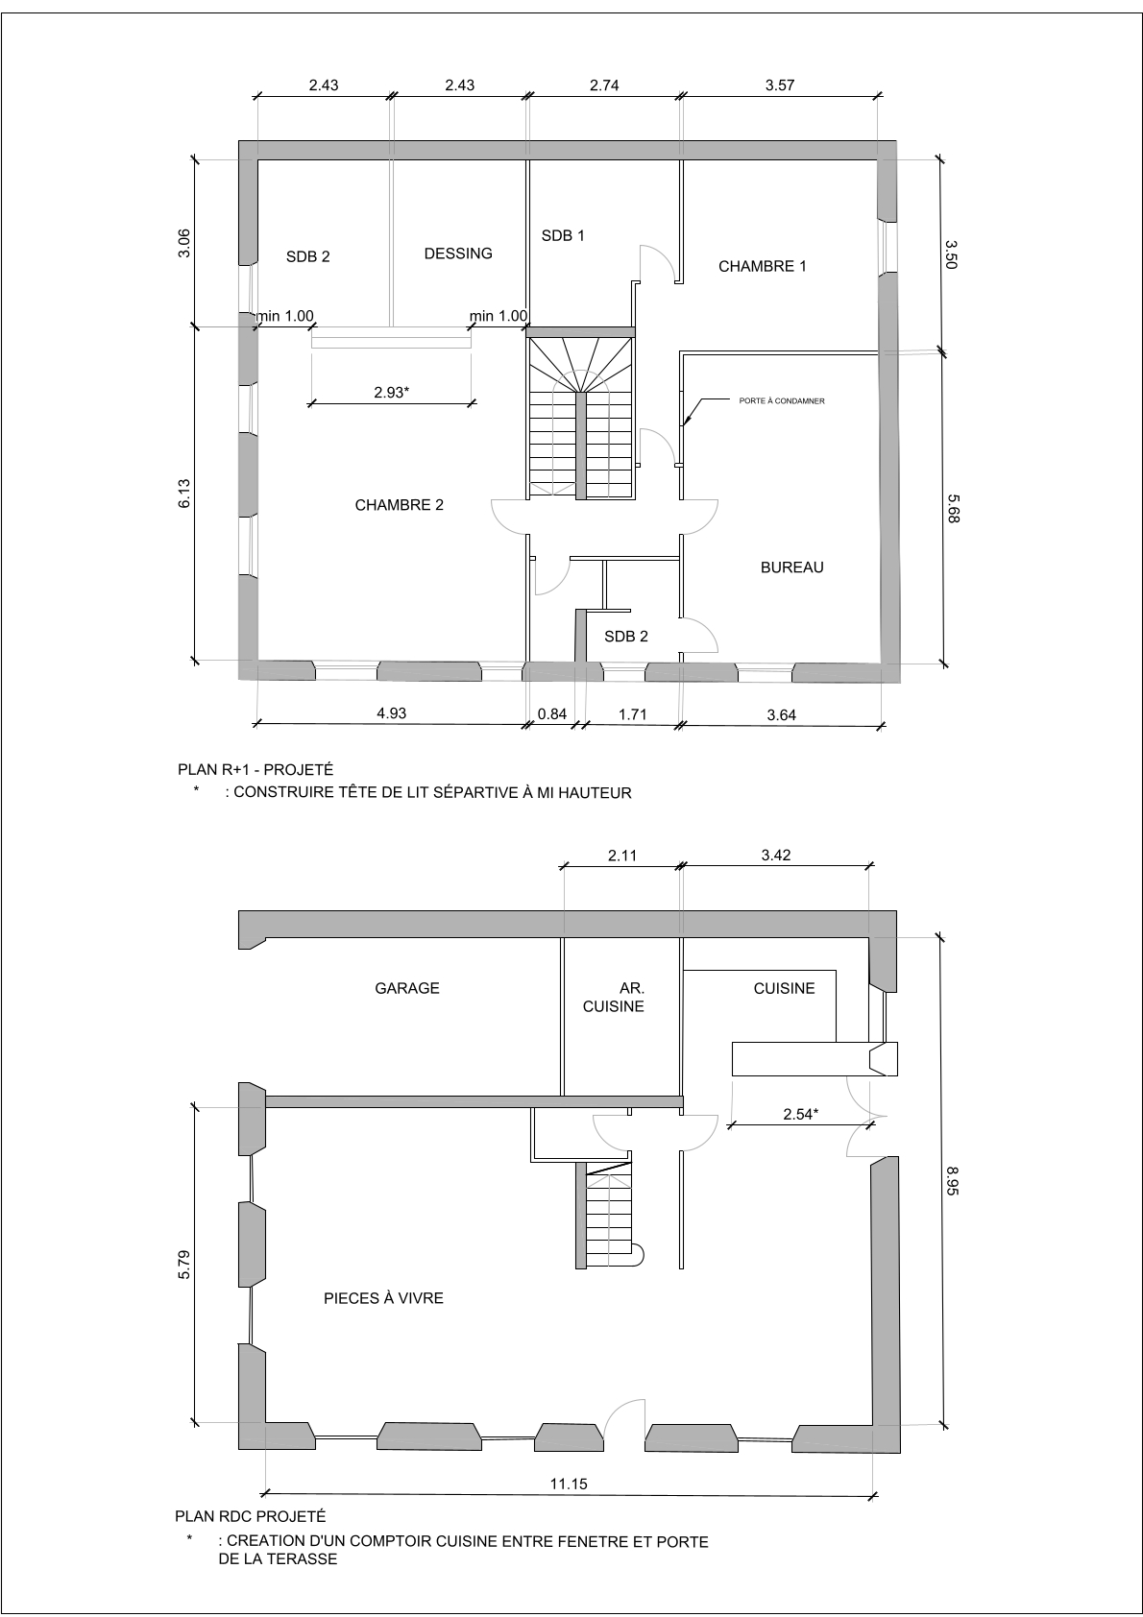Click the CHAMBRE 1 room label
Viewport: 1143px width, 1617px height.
coord(762,266)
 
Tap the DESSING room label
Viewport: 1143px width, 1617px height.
coord(458,253)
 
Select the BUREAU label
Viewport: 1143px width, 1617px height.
coord(791,567)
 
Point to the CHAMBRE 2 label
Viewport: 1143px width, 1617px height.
coord(399,505)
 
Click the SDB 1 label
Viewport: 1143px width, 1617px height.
coord(563,235)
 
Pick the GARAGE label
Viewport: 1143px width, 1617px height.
coord(406,988)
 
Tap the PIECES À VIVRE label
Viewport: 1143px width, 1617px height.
coord(383,1298)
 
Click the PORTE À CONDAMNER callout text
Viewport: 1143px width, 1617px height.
coord(781,400)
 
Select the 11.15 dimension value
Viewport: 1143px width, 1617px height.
coord(569,1484)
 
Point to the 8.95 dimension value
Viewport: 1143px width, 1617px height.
coord(953,1181)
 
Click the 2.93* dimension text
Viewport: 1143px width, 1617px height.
coord(391,393)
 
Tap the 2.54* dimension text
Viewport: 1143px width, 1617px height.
coord(800,1115)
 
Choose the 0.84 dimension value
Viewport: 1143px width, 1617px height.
coord(551,714)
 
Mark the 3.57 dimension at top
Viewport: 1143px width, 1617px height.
coord(780,85)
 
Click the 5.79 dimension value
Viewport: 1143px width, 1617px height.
coord(184,1265)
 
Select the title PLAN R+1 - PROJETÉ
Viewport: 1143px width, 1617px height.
coord(255,770)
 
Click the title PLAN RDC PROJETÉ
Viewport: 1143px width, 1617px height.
coord(250,1517)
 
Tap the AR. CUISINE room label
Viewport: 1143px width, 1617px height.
coord(613,997)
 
